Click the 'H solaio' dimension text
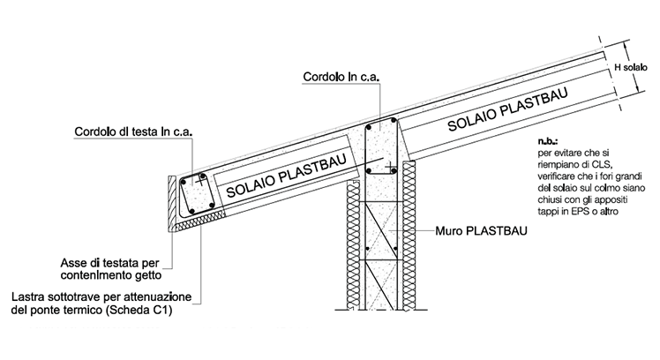click(630, 69)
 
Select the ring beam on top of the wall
click(382, 150)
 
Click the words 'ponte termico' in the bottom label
click(85, 310)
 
